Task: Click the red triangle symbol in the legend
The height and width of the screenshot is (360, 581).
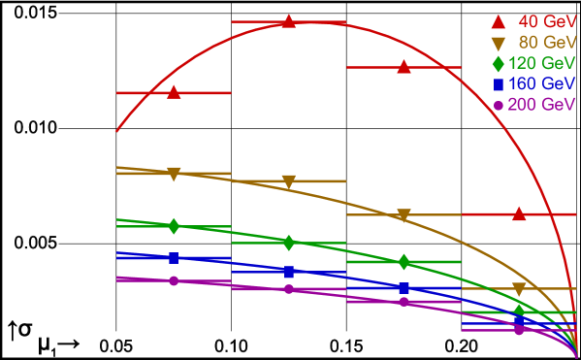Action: [499, 21]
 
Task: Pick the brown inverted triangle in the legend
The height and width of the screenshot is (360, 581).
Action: [499, 43]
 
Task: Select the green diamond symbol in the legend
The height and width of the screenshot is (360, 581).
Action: [499, 64]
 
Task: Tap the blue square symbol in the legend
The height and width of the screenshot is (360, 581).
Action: [499, 84]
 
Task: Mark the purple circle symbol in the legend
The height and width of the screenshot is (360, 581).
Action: [499, 105]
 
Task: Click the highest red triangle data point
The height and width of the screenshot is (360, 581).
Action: [289, 20]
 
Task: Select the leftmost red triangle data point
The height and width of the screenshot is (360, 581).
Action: [174, 92]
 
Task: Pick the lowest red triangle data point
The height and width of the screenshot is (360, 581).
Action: [519, 213]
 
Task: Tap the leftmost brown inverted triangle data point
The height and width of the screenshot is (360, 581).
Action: [174, 174]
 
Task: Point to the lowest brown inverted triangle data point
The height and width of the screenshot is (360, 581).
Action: [519, 289]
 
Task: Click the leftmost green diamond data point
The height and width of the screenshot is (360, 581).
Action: [174, 226]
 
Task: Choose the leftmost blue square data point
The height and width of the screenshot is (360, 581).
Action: [174, 258]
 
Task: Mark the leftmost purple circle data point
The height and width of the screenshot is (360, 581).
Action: [174, 280]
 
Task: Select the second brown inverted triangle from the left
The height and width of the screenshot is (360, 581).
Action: [289, 181]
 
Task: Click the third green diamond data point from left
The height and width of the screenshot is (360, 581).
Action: [404, 262]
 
